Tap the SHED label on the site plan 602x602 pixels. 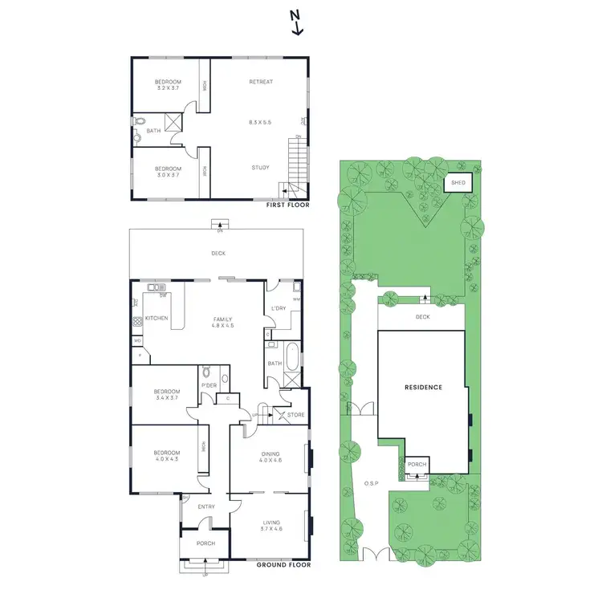pyautogui.click(x=458, y=183)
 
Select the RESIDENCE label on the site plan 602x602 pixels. pyautogui.click(x=422, y=387)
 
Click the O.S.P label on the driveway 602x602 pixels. pyautogui.click(x=370, y=483)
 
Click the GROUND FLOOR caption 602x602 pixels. pyautogui.click(x=283, y=565)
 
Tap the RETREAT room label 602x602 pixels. pyautogui.click(x=261, y=82)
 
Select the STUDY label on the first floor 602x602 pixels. pyautogui.click(x=259, y=168)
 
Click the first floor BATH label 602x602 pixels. pyautogui.click(x=153, y=130)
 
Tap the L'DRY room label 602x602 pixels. pyautogui.click(x=279, y=308)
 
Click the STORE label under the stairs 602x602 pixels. pyautogui.click(x=296, y=415)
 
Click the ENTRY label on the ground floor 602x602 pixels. pyautogui.click(x=205, y=506)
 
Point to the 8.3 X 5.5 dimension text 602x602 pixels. pyautogui.click(x=261, y=121)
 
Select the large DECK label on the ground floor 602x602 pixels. pyautogui.click(x=218, y=254)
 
